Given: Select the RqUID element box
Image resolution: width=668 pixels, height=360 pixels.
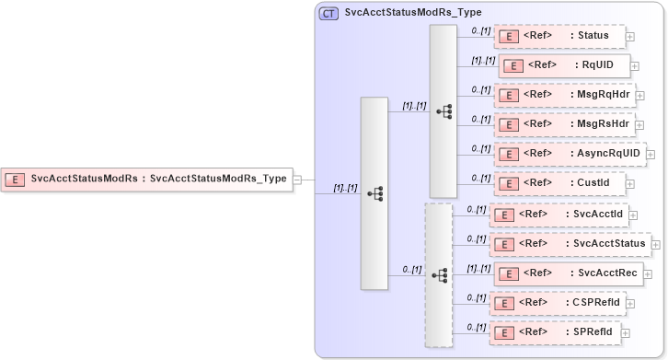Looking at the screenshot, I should click(x=564, y=65).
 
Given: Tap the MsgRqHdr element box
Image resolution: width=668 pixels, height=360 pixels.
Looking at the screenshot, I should click(x=564, y=95).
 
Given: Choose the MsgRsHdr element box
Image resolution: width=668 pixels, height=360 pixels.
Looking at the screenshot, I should click(x=564, y=123).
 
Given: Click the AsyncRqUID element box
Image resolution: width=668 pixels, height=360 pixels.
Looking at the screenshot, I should click(x=570, y=153).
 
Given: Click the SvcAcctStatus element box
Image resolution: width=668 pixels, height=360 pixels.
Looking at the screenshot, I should click(x=571, y=243).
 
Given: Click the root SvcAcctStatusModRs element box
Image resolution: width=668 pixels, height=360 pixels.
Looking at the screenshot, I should click(x=147, y=180).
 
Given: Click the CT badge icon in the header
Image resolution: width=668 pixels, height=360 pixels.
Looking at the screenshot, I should click(x=328, y=14).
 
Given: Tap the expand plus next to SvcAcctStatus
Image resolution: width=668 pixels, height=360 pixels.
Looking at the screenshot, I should click(x=656, y=244).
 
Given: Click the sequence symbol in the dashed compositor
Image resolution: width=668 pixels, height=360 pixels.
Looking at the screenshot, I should click(x=441, y=275).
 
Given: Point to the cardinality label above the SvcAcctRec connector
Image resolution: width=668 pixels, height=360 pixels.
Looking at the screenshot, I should click(x=477, y=268).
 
